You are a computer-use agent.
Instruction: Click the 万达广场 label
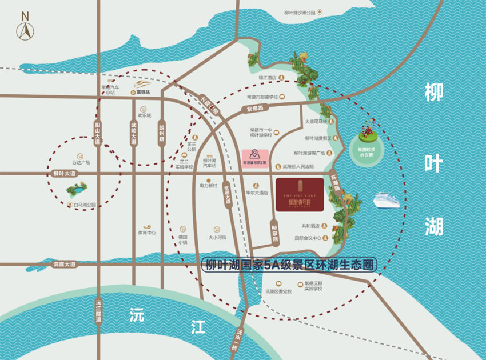(x=81, y=162)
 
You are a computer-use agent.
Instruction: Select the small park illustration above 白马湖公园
(x=77, y=190)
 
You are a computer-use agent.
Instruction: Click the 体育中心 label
(x=146, y=233)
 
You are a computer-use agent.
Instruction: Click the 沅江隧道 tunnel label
(x=98, y=312)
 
